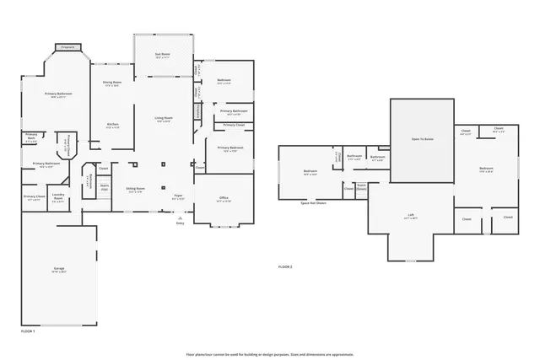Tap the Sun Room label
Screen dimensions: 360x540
[x=163, y=56]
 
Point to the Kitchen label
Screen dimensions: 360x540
[x=112, y=126]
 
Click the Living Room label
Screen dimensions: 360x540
[x=163, y=119]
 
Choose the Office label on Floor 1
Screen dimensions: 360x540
[x=224, y=199]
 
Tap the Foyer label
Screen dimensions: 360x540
[x=178, y=196]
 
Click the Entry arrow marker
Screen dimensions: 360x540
[x=180, y=218]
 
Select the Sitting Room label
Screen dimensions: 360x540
[x=135, y=190]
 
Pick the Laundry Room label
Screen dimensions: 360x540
[x=58, y=200]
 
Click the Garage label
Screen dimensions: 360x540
[x=58, y=270]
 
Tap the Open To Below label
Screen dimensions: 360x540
[x=422, y=138]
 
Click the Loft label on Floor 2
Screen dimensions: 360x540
[x=412, y=216]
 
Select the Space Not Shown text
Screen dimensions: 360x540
[x=313, y=203]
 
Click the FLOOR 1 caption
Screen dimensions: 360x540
[x=28, y=332]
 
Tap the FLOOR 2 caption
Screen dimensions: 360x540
[x=285, y=266]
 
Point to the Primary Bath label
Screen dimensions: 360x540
[x=31, y=137]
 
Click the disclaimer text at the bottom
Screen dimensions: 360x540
[x=270, y=354]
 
